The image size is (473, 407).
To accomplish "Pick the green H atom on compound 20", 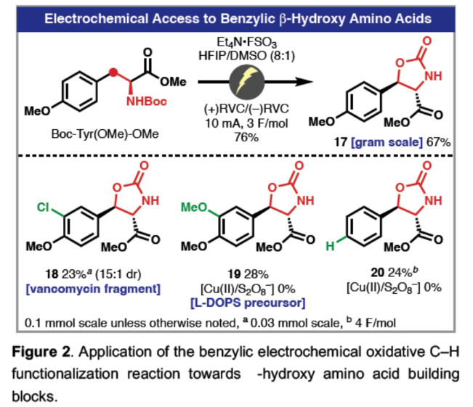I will pyautogui.click(x=331, y=249).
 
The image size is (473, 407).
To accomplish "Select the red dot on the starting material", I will pyautogui.click(x=113, y=71).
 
